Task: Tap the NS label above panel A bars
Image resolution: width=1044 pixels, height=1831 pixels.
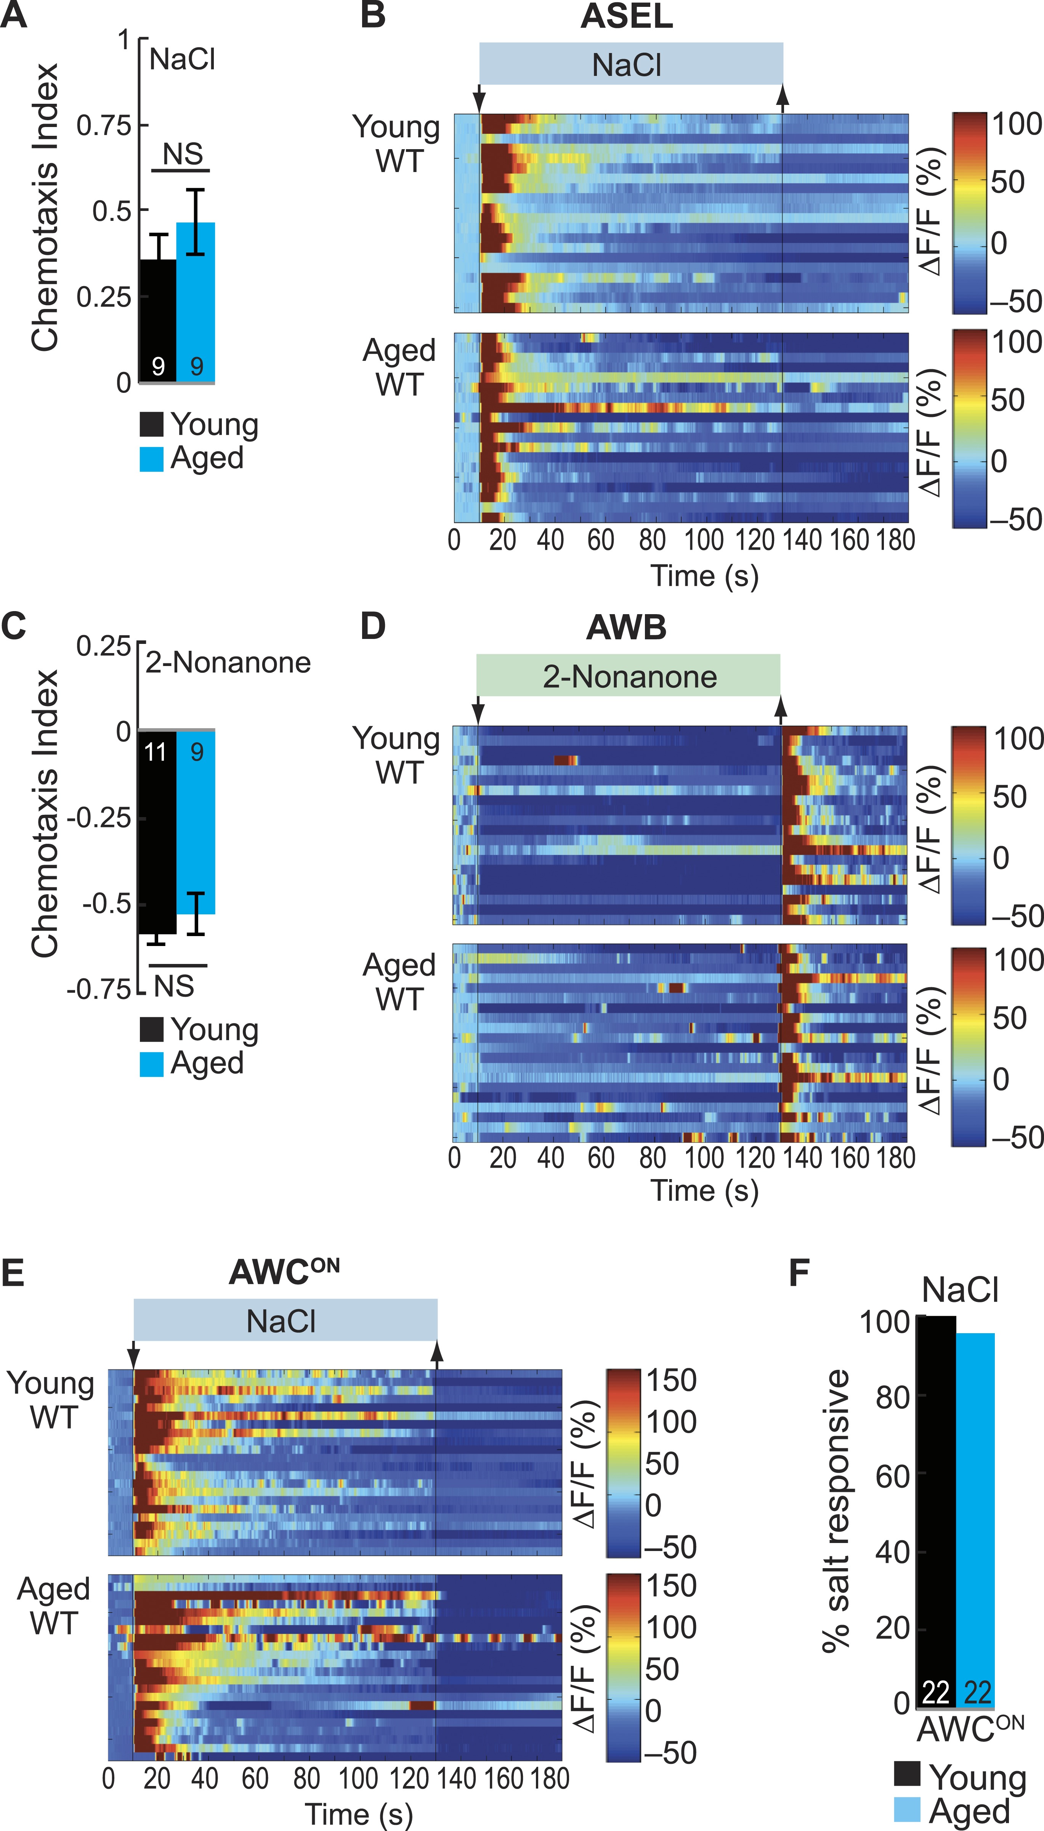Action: point(182,154)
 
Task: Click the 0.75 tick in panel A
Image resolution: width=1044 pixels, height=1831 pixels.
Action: point(104,125)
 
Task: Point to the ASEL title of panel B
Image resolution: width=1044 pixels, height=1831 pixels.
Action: point(626,16)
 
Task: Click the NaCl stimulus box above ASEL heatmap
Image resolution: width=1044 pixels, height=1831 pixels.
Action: point(630,64)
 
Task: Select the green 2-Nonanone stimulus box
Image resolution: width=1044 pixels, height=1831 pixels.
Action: point(628,675)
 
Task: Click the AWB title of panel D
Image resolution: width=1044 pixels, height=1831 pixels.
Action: point(626,627)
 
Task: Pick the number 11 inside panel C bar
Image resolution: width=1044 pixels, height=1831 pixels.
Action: point(156,752)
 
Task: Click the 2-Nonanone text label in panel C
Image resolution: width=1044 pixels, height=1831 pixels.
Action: point(228,662)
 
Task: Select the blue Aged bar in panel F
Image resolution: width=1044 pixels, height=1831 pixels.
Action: point(975,1521)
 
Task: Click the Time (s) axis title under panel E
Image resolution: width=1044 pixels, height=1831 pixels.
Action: point(359,1814)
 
